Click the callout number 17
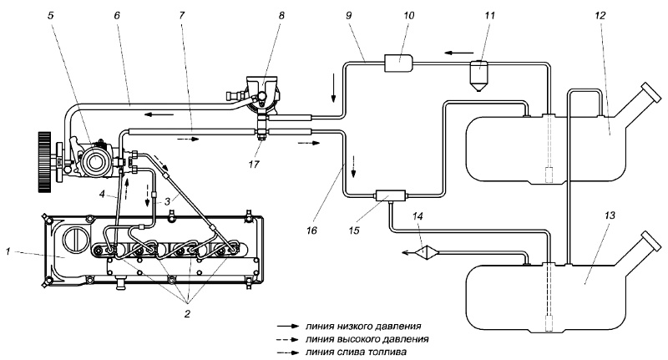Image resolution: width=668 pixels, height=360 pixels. (x=254, y=164)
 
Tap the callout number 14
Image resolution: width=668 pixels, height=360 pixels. (x=418, y=216)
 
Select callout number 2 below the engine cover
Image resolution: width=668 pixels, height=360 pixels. (x=187, y=314)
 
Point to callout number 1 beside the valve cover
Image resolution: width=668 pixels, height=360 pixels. (x=8, y=251)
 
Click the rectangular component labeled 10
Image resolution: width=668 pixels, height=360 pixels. (x=399, y=63)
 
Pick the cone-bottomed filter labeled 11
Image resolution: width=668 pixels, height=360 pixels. (x=479, y=75)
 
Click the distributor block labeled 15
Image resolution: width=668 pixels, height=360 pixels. (x=390, y=196)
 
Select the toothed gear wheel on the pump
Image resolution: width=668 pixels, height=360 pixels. (x=44, y=162)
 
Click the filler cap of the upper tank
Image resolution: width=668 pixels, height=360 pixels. (x=650, y=91)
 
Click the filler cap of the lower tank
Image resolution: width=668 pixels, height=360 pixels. (x=650, y=241)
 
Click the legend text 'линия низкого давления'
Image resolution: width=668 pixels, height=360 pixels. (x=363, y=327)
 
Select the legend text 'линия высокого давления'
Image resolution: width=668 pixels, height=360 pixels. (x=367, y=340)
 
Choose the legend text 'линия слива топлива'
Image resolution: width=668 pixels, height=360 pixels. (x=356, y=352)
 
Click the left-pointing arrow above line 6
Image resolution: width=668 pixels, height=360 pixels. (x=159, y=114)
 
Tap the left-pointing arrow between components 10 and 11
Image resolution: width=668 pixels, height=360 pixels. (x=458, y=53)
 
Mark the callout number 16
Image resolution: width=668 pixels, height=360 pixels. (x=311, y=231)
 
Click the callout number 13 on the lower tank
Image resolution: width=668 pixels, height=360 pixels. (x=610, y=215)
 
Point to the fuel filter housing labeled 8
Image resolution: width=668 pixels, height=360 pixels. (x=262, y=94)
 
